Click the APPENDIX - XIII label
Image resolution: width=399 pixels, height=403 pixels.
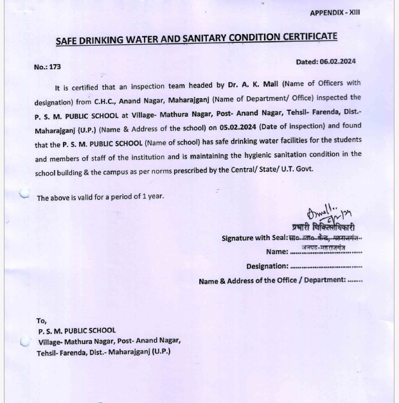pos(335,13)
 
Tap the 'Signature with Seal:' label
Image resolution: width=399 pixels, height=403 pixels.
pos(254,238)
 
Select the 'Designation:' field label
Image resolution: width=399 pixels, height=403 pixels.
pos(267,266)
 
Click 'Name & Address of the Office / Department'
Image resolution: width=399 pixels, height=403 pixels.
pos(272,280)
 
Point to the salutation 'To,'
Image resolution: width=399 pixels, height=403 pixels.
pos(41,320)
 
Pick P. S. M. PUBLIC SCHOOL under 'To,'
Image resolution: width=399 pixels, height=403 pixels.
pos(76,331)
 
